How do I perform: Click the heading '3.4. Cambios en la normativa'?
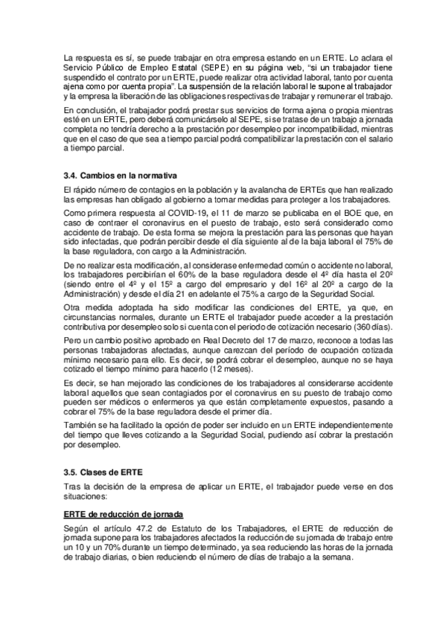point(120,176)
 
